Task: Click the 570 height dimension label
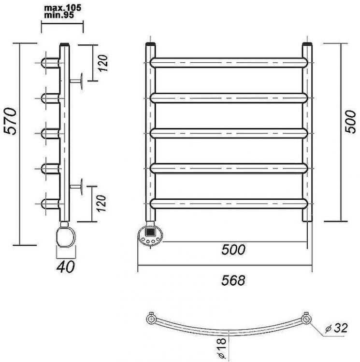(11, 121)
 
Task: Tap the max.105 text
(63, 8)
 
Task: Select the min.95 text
(59, 15)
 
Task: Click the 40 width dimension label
(66, 266)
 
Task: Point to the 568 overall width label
(233, 280)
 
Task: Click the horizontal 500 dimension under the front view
(233, 250)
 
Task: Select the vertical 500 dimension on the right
(350, 122)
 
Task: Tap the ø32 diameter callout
(336, 328)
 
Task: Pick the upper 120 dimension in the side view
(102, 63)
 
